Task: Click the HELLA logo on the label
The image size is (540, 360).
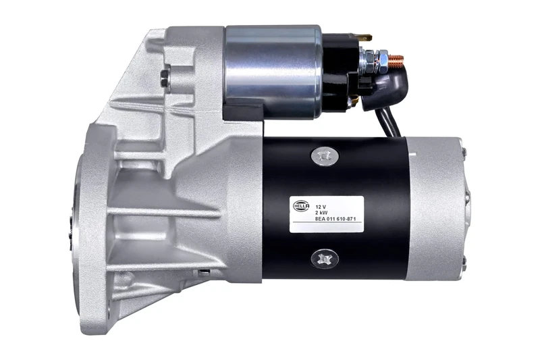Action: click(x=301, y=203)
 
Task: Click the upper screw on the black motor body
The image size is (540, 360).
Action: click(x=323, y=157)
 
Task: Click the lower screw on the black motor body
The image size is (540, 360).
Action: click(x=324, y=258)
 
